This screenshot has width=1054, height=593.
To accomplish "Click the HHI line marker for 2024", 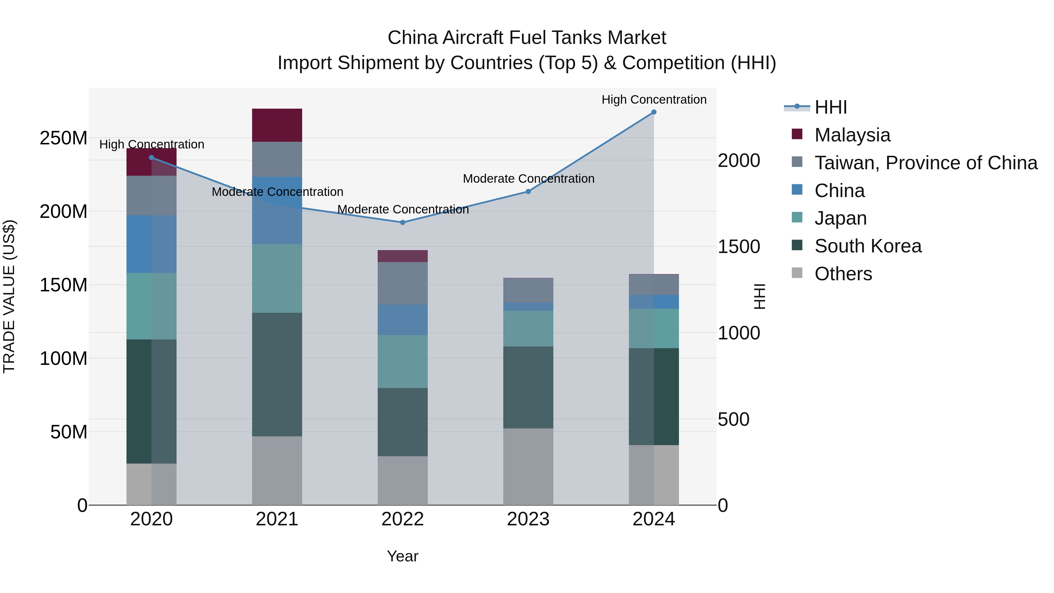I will (653, 112).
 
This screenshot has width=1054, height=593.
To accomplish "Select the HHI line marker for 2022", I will (403, 223).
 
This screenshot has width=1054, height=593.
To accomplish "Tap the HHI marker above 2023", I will (528, 192).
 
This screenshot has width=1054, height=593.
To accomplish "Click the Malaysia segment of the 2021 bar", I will (277, 125).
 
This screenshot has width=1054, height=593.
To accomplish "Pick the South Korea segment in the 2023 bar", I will (528, 387).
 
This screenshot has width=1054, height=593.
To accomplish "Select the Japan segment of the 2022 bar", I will (403, 361).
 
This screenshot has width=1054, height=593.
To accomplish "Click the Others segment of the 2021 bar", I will (277, 470).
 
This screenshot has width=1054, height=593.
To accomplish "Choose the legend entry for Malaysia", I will (852, 135).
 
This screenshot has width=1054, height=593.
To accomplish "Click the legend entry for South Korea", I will (868, 246).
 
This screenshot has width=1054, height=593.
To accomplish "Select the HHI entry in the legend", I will (831, 107).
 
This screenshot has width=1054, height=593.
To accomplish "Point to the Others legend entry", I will (843, 274).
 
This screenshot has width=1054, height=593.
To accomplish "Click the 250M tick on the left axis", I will (64, 138).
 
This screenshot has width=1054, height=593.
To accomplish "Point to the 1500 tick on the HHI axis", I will (739, 247).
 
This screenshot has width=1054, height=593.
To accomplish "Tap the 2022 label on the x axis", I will (403, 519).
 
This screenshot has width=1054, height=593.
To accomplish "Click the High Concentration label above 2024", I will (654, 100).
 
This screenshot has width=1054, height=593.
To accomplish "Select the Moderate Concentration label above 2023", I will (528, 179).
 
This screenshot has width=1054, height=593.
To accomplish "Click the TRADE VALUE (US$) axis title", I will (9, 296).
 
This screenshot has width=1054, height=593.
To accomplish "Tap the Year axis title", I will (403, 556).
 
